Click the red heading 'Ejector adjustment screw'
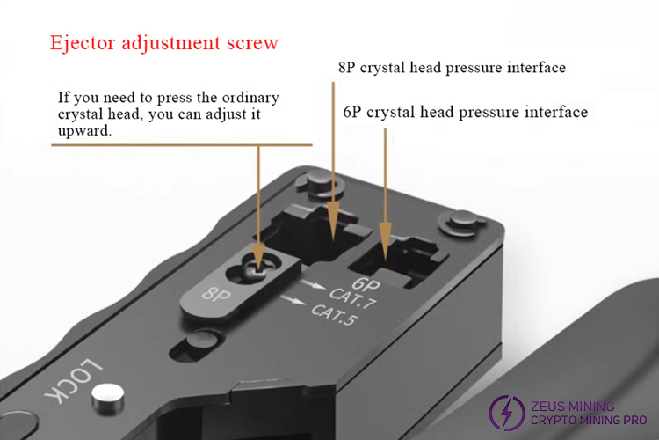tap(164, 43)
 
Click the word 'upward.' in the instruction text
tap(84, 130)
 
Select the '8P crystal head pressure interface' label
tap(452, 68)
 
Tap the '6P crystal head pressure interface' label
tap(465, 112)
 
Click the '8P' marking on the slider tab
tap(216, 294)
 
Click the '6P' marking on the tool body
tap(366, 284)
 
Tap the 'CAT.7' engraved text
tap(352, 298)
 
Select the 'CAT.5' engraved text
tap(334, 315)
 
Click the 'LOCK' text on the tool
tap(73, 381)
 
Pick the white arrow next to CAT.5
tap(293, 300)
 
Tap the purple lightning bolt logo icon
tap(507, 413)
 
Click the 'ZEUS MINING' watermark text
tap(572, 406)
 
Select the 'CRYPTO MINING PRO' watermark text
tap(589, 420)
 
